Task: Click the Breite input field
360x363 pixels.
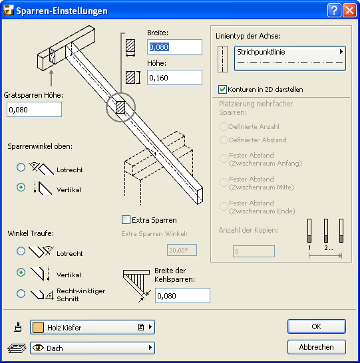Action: click(x=174, y=47)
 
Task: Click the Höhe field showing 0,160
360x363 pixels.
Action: click(x=174, y=78)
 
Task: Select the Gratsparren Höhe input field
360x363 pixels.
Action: click(x=35, y=109)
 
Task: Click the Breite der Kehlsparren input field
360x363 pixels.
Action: click(x=182, y=296)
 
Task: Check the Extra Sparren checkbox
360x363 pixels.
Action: click(x=126, y=219)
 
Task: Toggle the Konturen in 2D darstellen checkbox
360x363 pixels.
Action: click(x=222, y=89)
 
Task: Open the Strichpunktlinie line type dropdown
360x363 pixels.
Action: click(x=290, y=59)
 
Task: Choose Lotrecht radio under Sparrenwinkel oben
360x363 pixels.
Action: click(x=21, y=167)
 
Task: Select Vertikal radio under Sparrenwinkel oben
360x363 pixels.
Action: click(x=21, y=187)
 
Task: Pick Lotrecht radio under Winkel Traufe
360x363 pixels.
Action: click(x=21, y=251)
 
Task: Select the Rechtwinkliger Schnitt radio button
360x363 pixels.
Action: click(x=21, y=294)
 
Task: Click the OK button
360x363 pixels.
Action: click(x=317, y=326)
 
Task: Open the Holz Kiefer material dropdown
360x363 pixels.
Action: click(x=92, y=327)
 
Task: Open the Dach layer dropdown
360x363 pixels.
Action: click(x=92, y=348)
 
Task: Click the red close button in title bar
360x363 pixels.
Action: click(x=349, y=11)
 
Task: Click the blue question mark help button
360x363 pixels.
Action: click(x=334, y=11)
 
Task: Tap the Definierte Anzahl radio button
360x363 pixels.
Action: click(x=224, y=126)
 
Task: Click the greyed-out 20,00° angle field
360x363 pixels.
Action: click(x=182, y=250)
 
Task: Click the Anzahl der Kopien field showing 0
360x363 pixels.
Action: click(x=254, y=251)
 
